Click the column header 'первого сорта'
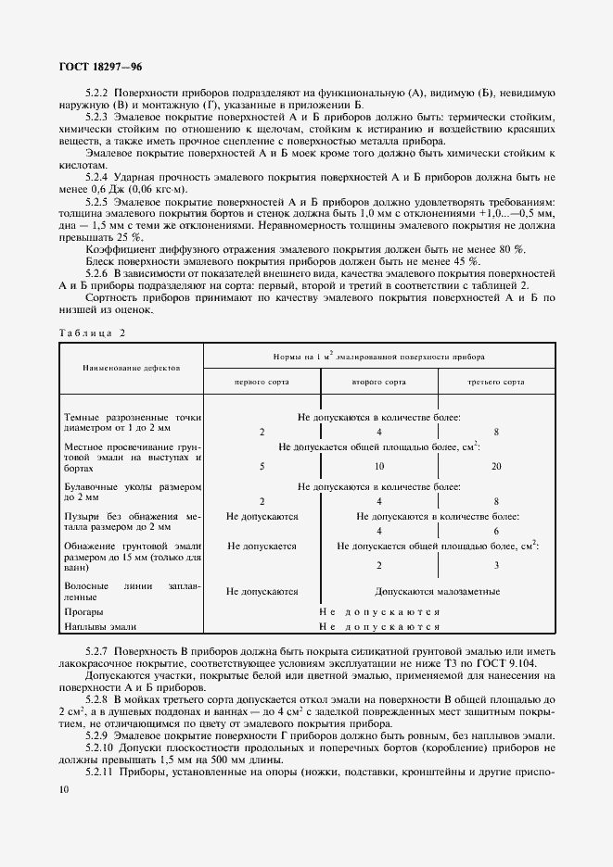coord(262,382)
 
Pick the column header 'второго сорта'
coord(379,382)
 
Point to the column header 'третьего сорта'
coord(497,382)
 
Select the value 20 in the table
coord(496,466)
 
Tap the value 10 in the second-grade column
coord(379,466)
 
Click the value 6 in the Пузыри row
coord(496,532)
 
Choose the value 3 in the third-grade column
coord(496,564)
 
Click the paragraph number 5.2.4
coord(97,176)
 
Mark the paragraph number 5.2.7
coord(97,654)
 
